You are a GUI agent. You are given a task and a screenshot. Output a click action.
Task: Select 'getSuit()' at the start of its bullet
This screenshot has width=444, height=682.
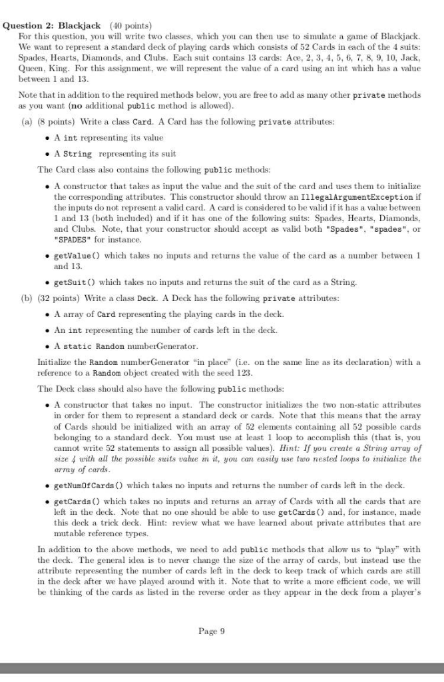click(x=72, y=282)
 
